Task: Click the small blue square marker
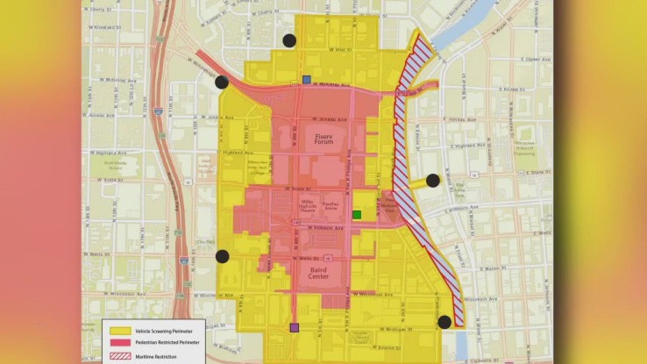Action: click(306, 80)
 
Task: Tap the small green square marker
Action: click(356, 215)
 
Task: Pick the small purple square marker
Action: click(294, 328)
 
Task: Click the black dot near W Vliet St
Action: click(288, 40)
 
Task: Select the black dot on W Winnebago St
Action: click(222, 82)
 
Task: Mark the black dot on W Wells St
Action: click(222, 257)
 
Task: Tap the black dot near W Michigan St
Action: click(444, 322)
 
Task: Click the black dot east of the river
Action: click(432, 181)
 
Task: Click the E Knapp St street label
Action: click(494, 89)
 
